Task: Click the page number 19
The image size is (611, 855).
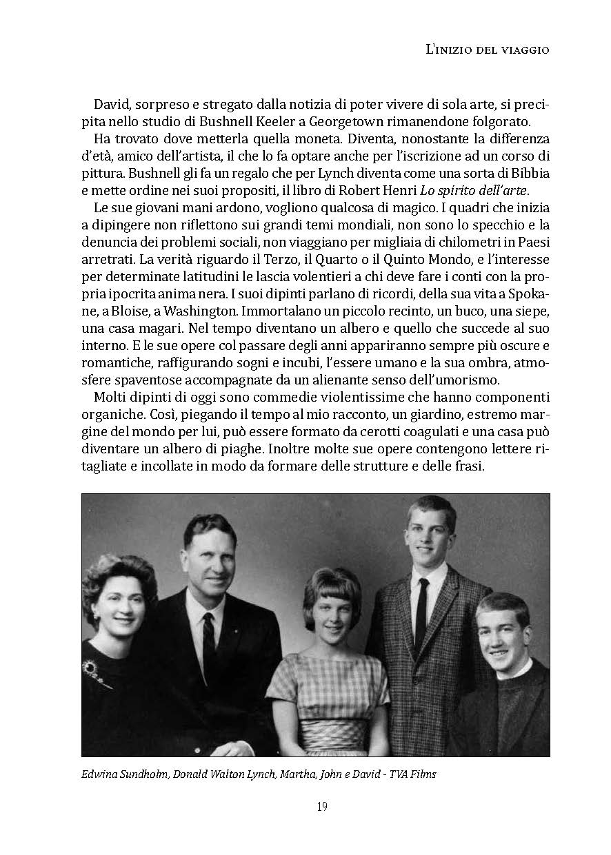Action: (x=322, y=807)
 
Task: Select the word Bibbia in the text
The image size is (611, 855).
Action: (x=529, y=172)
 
